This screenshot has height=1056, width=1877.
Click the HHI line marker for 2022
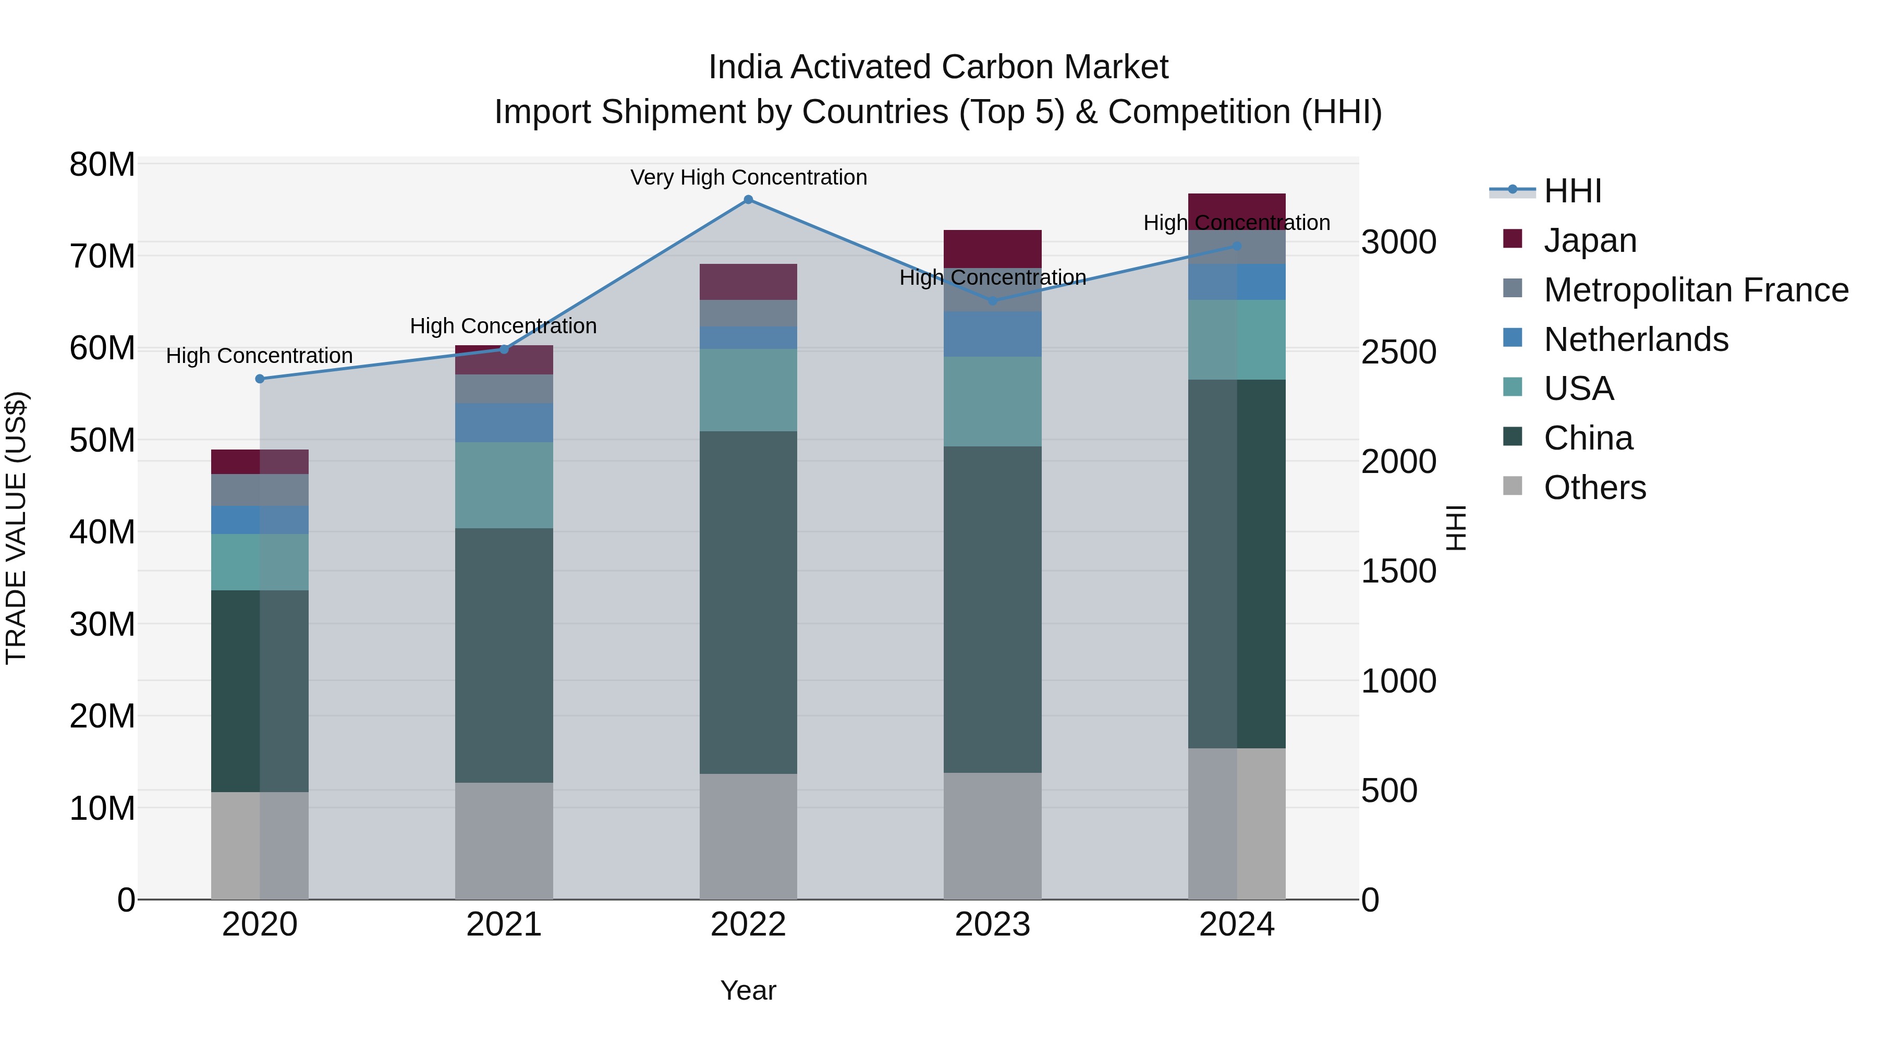click(748, 200)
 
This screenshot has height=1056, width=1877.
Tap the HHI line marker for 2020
click(260, 379)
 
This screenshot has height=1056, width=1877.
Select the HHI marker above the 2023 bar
click(992, 301)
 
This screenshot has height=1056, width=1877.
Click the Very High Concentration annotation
click(748, 178)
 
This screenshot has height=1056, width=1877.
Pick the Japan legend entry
click(1589, 240)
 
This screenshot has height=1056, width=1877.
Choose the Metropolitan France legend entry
click(1695, 290)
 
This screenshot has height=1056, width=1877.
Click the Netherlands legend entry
click(1635, 339)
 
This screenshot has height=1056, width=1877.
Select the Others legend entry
click(1594, 488)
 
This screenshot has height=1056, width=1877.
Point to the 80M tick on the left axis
click(102, 165)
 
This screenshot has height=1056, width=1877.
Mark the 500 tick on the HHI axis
click(1389, 791)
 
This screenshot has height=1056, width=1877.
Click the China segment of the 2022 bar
click(748, 602)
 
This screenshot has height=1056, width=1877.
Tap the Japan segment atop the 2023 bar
click(992, 249)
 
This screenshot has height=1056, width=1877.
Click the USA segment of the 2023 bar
click(992, 402)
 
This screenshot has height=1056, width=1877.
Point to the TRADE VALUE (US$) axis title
click(16, 528)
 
